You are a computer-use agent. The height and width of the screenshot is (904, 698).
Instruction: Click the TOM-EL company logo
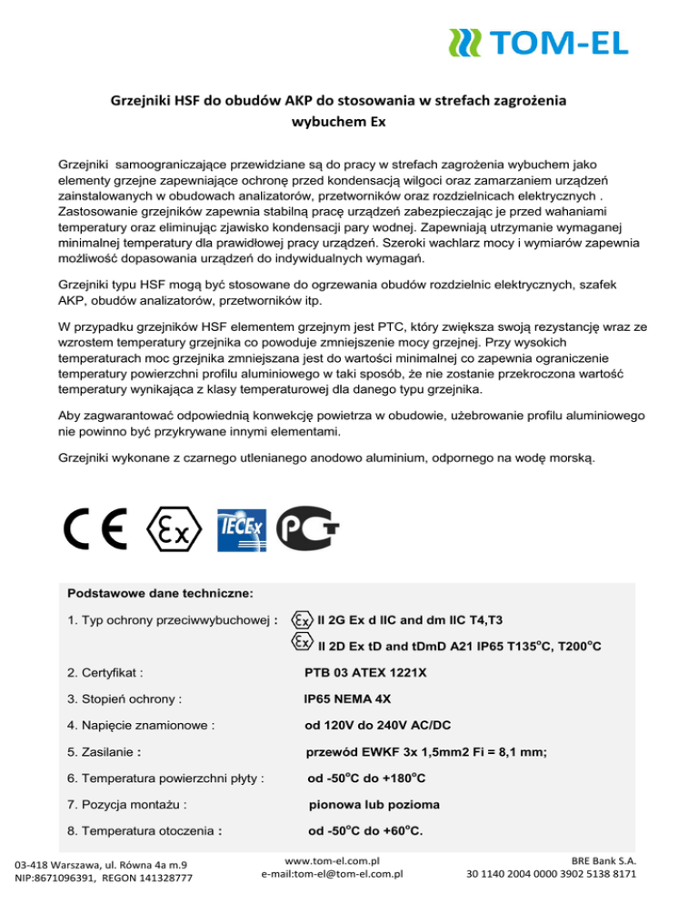[x=538, y=41]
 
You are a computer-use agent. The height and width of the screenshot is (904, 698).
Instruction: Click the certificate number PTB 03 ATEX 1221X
[x=364, y=674]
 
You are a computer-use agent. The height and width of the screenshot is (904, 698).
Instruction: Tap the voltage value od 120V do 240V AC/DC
[x=379, y=726]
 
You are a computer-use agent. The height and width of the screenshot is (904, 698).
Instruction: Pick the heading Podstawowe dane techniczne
[x=160, y=592]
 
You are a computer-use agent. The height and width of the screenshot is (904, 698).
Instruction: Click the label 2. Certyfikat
[x=106, y=674]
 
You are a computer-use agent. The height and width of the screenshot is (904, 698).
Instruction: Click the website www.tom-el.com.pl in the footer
[x=332, y=859]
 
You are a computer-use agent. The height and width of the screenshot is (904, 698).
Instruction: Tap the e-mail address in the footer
[x=332, y=874]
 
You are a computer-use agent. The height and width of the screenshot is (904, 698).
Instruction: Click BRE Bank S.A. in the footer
[x=603, y=859]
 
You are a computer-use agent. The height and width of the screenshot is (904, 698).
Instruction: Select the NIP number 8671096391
[x=67, y=879]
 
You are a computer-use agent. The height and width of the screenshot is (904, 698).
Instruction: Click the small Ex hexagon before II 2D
[x=302, y=644]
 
